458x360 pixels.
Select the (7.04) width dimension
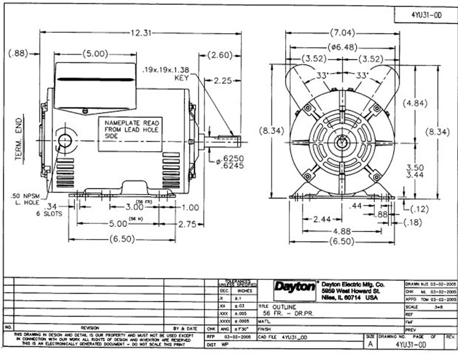[342, 33]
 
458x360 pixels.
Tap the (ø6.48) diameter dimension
[342, 47]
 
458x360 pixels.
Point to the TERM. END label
[19, 139]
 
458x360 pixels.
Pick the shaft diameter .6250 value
[233, 158]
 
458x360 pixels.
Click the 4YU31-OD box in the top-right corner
[425, 15]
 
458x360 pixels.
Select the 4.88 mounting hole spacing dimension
[342, 231]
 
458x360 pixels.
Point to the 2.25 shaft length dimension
[223, 81]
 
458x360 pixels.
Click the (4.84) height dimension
[415, 103]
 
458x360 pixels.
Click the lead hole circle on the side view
[65, 140]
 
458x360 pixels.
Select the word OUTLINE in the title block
[284, 307]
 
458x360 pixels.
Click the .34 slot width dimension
[52, 206]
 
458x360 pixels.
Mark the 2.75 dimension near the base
[187, 224]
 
